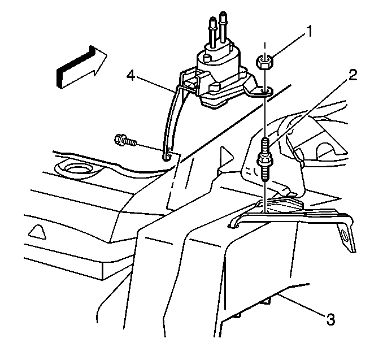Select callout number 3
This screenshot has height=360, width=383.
coord(330,319)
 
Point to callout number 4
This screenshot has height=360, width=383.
coord(130,75)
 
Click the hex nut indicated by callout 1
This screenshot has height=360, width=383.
coord(264,62)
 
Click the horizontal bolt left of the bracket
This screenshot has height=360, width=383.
coord(125,141)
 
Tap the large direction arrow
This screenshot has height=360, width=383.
coord(81,67)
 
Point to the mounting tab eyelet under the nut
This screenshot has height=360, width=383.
coord(266,91)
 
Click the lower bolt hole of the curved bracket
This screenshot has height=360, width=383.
coord(167,155)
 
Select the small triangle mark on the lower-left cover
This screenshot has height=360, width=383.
coord(37,232)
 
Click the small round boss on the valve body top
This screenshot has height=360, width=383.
coord(207,58)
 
